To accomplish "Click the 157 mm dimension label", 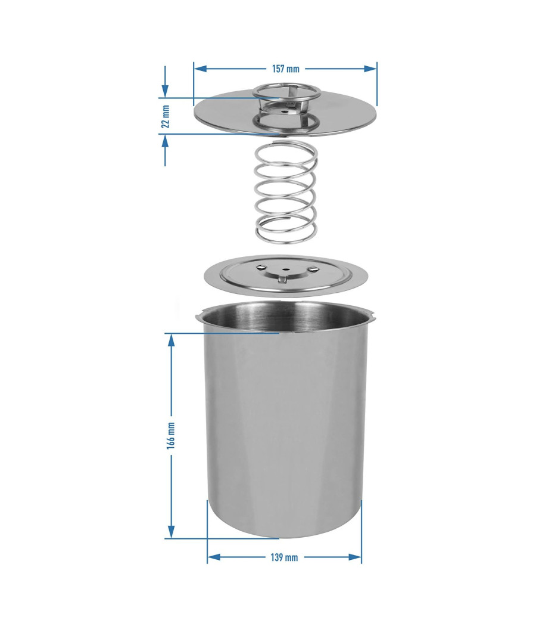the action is [285, 69].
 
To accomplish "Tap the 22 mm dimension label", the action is [166, 116].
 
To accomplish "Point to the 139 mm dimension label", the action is [284, 557].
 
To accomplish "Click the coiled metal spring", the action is [286, 193].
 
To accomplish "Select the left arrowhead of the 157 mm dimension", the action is [200, 69].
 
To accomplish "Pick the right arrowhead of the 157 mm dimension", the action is [370, 69].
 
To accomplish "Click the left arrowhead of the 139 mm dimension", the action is [214, 557].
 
